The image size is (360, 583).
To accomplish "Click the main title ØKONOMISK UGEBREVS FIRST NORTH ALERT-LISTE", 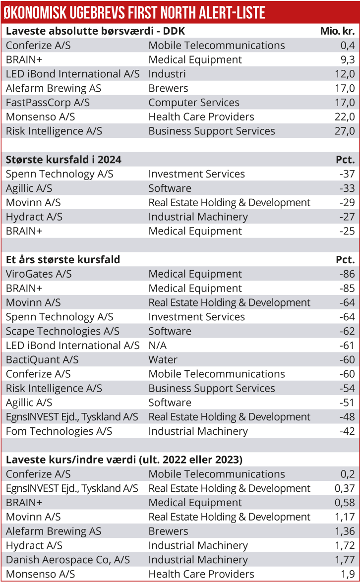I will [134, 12].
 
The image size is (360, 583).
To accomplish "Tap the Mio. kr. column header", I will [337, 32].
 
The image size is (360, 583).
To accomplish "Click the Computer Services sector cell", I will [194, 103].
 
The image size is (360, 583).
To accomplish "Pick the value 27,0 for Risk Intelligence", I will [345, 131].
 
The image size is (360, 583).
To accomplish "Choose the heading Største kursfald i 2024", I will [63, 160].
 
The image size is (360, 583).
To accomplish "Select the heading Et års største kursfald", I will [63, 260].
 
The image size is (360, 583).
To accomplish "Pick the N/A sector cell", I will [158, 346].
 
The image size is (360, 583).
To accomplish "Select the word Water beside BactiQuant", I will [163, 360].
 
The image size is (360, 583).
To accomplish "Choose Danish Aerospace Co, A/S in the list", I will [68, 560].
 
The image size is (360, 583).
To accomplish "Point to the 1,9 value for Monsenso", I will [348, 575].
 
